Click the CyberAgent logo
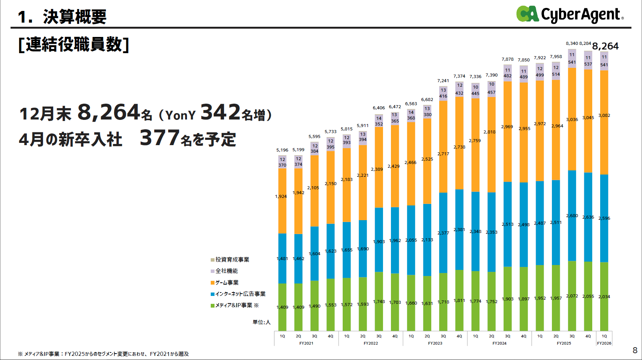tap(569, 14)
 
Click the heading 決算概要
tap(75, 17)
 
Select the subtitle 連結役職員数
tap(74, 44)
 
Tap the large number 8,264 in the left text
tap(109, 112)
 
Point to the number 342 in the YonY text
tap(221, 112)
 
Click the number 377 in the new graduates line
tap(159, 138)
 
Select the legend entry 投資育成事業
tap(232, 260)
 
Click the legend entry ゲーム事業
tap(227, 283)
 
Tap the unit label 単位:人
tap(262, 322)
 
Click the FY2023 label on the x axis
tap(435, 343)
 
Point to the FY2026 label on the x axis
tap(604, 343)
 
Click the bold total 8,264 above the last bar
tap(605, 46)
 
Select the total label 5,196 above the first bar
tap(282, 150)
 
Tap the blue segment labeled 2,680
tap(572, 216)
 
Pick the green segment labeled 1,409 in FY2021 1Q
tap(282, 307)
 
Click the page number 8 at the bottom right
tap(635, 351)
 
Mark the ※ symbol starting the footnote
tap(20, 354)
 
